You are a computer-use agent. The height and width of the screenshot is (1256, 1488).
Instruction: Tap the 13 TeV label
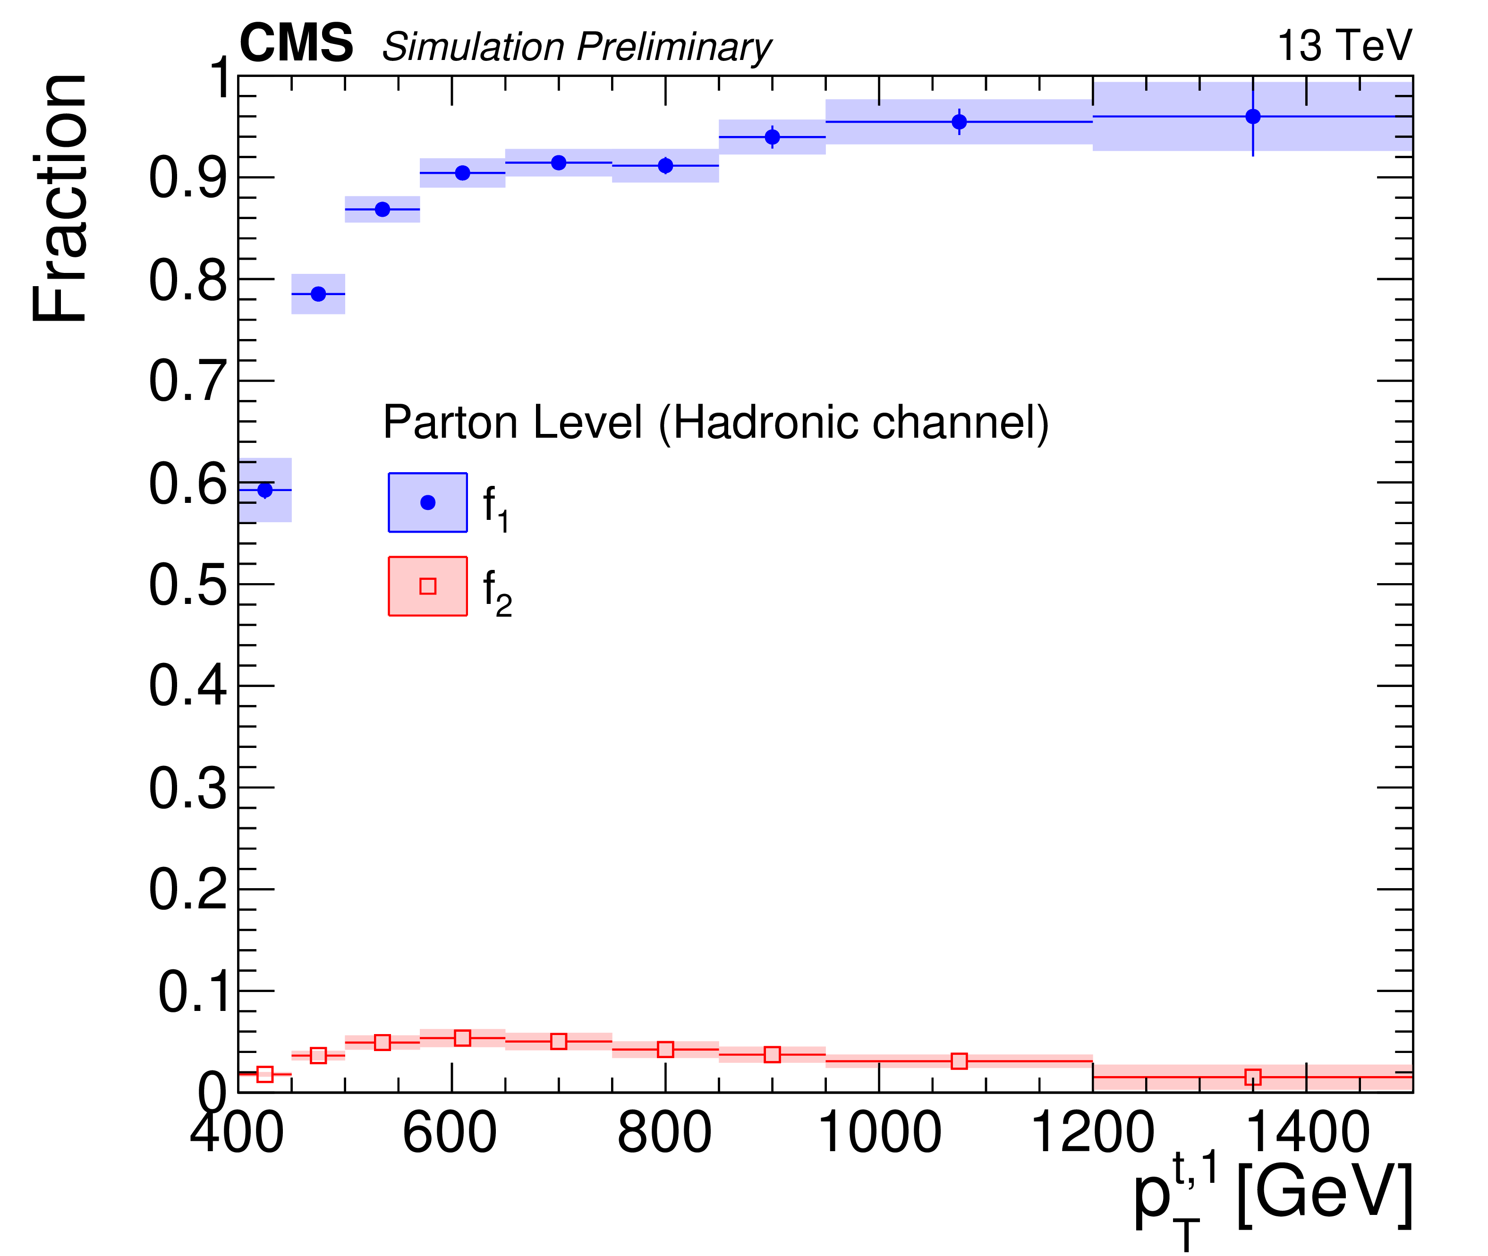click(x=1344, y=46)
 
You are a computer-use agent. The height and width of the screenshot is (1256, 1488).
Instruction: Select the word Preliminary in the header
click(x=673, y=47)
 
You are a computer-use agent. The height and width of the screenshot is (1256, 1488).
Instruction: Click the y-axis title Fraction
click(x=60, y=198)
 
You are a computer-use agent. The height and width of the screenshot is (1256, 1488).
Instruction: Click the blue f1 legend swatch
click(x=428, y=503)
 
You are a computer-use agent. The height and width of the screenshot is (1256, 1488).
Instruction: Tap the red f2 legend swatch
click(x=428, y=586)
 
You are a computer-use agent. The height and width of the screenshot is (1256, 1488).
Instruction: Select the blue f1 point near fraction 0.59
click(x=265, y=490)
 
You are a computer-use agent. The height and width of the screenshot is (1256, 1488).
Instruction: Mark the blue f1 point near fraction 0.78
click(x=318, y=294)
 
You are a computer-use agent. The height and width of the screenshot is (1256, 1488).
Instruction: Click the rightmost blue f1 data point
click(x=1253, y=116)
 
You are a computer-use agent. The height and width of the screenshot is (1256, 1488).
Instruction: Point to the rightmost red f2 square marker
click(x=1253, y=1078)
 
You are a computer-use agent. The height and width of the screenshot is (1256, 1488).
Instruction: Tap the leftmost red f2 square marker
click(x=265, y=1074)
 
